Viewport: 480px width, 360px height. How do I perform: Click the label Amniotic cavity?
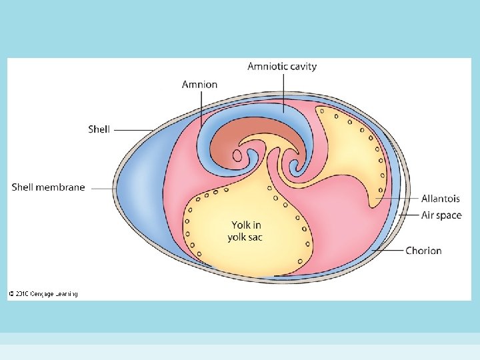(282, 66)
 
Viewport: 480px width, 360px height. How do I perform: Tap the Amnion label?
(199, 85)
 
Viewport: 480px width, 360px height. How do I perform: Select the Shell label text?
(99, 129)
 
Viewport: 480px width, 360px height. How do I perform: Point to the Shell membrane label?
(49, 187)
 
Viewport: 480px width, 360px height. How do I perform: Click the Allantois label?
(440, 199)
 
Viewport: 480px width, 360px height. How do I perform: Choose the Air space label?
(441, 215)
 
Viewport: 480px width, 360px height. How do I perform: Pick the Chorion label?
(423, 251)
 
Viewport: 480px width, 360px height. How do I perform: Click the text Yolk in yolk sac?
(246, 231)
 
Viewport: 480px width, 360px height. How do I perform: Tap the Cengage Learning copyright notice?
(43, 294)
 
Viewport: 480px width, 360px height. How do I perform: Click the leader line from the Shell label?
(133, 129)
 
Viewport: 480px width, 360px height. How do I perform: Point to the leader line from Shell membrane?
(103, 188)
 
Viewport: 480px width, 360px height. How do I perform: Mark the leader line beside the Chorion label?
(389, 251)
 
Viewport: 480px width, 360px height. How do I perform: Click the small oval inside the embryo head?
(237, 157)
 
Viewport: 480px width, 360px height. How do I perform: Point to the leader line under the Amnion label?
(200, 107)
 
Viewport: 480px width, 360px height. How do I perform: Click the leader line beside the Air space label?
(408, 215)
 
